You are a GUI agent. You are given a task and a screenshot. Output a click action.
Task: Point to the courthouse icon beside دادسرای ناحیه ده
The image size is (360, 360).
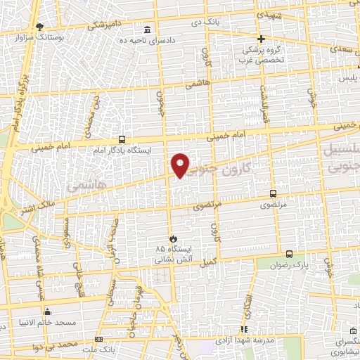[x=147, y=30]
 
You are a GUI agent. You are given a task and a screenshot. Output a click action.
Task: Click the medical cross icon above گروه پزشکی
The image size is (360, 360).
[x=260, y=39]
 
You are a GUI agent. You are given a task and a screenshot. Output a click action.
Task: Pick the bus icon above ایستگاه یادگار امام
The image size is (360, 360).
[x=122, y=139]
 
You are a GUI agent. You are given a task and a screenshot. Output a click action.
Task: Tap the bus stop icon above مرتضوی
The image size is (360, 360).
[x=273, y=193]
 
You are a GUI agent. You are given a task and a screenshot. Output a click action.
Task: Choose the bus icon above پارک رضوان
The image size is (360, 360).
[x=289, y=255]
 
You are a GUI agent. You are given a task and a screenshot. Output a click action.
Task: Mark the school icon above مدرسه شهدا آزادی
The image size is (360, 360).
[x=244, y=328]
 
